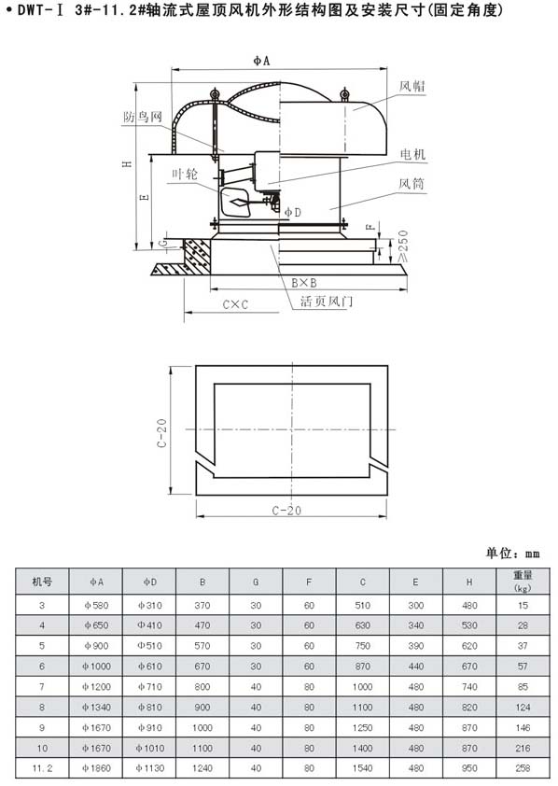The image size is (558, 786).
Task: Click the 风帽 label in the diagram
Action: click(412, 86)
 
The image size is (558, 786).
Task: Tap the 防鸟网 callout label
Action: click(143, 117)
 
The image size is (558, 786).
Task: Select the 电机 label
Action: click(412, 154)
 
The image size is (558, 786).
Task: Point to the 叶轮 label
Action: click(185, 174)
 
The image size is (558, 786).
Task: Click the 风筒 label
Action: click(412, 184)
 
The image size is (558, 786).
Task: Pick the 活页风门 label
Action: click(327, 301)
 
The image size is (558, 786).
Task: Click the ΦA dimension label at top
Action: click(261, 61)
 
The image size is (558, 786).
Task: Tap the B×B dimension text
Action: click(304, 283)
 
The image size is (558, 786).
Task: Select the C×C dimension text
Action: click(235, 304)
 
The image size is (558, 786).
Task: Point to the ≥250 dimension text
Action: click(402, 246)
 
